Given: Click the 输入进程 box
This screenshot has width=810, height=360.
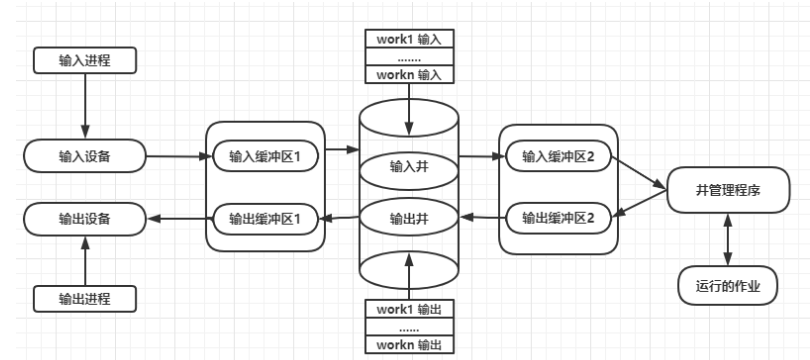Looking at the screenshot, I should click(x=84, y=62).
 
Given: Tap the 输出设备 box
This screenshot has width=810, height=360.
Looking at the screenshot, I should click(x=84, y=217).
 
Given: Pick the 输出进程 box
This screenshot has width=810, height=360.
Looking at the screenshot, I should click(x=84, y=297).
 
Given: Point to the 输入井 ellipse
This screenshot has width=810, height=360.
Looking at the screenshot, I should click(x=407, y=166).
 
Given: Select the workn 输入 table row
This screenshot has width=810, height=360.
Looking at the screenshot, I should click(x=407, y=73).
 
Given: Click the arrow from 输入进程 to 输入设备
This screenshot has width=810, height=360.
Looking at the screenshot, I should click(x=84, y=107).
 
